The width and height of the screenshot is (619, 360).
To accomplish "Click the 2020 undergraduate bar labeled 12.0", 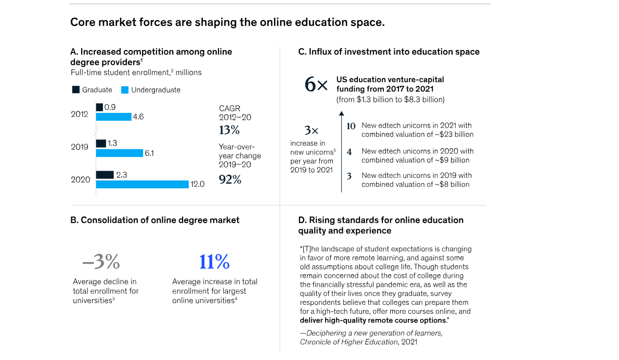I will (142, 184).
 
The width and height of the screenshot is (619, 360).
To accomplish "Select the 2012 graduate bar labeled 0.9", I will (99, 107).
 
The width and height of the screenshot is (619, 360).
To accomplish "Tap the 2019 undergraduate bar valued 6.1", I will (119, 153).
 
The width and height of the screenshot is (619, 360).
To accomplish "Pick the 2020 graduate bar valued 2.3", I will (105, 175).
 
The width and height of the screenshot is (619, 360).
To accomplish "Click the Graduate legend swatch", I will (76, 90).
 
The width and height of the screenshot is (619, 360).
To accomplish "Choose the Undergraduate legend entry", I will (151, 90).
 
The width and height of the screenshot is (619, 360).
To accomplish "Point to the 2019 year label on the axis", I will (80, 147).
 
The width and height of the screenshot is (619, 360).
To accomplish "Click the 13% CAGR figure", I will (229, 130).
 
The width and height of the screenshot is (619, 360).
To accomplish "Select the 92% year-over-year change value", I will (229, 180).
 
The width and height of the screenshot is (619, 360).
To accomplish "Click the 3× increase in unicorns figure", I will (311, 131).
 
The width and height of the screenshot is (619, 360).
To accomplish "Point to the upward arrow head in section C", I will (341, 112).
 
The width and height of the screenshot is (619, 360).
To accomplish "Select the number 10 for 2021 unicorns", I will (351, 126).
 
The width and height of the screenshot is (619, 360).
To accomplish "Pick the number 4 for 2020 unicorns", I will (350, 151).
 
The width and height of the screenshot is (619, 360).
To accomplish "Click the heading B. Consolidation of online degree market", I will (155, 220).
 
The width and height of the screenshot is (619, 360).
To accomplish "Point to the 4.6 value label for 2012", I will (138, 117).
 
